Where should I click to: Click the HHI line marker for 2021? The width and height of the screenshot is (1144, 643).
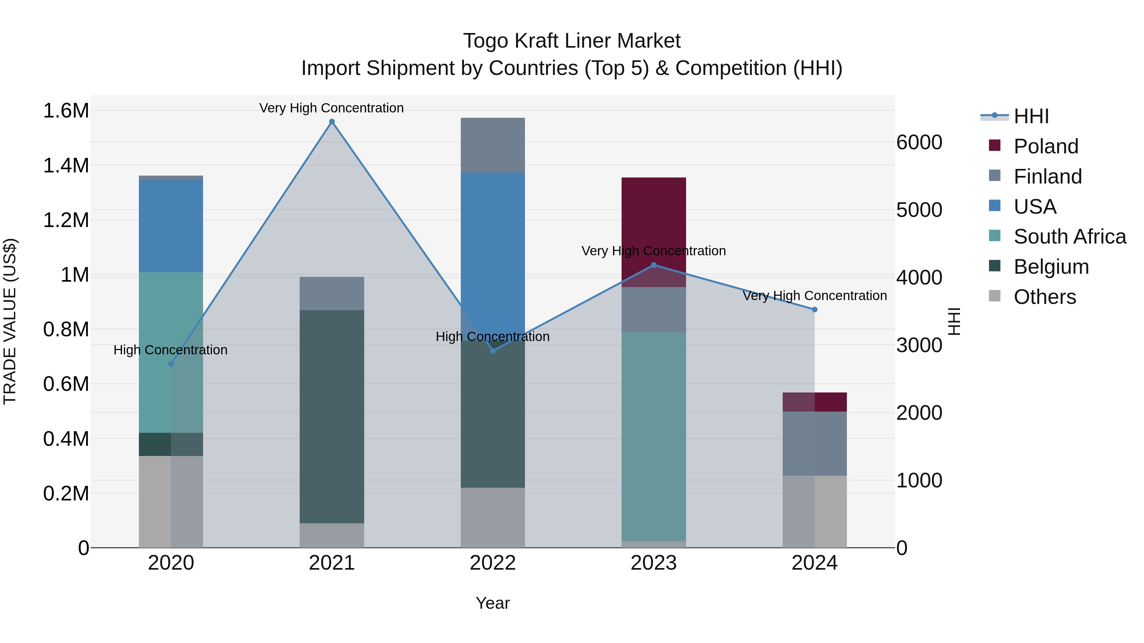(x=332, y=122)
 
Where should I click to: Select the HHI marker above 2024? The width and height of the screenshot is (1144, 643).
(x=814, y=310)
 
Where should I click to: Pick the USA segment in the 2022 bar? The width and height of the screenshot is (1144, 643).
(x=493, y=249)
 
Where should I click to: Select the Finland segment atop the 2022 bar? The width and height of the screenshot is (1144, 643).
(x=493, y=145)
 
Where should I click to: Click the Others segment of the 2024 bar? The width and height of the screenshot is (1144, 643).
(x=814, y=511)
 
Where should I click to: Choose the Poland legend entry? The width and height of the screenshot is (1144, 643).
(x=1045, y=146)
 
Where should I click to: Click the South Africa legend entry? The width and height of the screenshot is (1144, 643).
(x=1069, y=237)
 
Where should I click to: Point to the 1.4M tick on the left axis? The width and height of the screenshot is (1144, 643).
(x=66, y=165)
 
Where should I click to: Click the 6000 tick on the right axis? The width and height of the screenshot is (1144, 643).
(x=919, y=143)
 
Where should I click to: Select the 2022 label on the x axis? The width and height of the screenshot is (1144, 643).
(x=493, y=563)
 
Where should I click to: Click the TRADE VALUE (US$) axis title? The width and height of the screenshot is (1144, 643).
(x=10, y=321)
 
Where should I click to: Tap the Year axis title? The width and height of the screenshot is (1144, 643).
(x=493, y=603)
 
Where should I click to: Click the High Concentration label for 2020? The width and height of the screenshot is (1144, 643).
(x=171, y=350)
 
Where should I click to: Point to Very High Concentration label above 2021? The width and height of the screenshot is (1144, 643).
(x=331, y=108)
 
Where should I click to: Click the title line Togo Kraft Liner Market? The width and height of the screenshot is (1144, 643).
(x=572, y=41)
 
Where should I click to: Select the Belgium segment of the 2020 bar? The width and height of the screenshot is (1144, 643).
(x=171, y=444)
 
